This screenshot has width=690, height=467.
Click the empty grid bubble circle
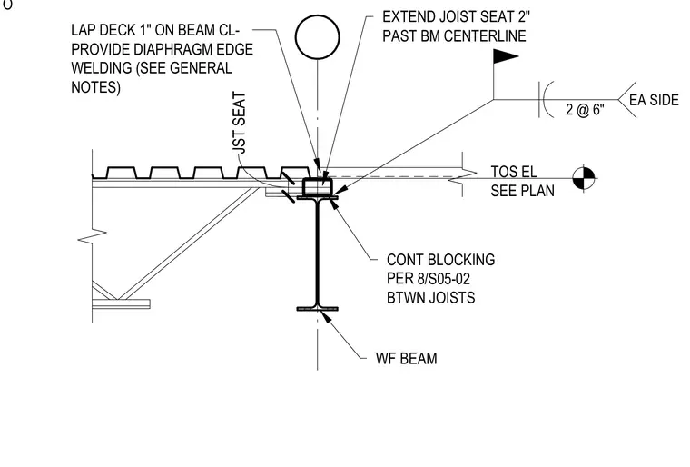pyautogui.click(x=317, y=16)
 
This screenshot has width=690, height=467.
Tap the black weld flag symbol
pyautogui.click(x=506, y=56)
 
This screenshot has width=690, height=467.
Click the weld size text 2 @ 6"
pyautogui.click(x=585, y=109)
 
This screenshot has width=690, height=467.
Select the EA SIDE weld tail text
pyautogui.click(x=654, y=100)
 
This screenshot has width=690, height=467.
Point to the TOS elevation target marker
pyautogui.click(x=584, y=178)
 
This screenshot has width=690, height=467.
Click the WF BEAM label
pyautogui.click(x=406, y=358)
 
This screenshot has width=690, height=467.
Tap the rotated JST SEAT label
pyautogui.click(x=239, y=123)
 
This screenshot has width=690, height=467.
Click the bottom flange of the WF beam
pyautogui.click(x=317, y=309)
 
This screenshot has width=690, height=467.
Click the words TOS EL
pyautogui.click(x=514, y=172)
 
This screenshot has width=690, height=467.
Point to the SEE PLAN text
pyautogui.click(x=522, y=191)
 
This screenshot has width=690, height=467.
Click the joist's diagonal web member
pyautogui.click(x=188, y=243)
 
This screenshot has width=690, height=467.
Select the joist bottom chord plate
pyautogui.click(x=121, y=303)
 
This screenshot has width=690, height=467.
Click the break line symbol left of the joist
pyautogui.click(x=92, y=236)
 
